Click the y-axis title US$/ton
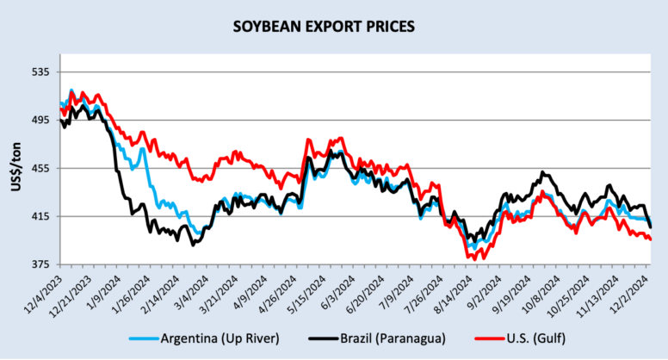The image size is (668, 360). pos(16,168)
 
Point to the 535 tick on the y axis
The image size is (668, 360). pos(40,71)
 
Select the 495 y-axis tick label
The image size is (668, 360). pos(40,120)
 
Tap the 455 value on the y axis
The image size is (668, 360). pos(40,168)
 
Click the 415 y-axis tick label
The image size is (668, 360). pos(40,216)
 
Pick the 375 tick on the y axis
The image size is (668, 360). pos(40,264)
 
